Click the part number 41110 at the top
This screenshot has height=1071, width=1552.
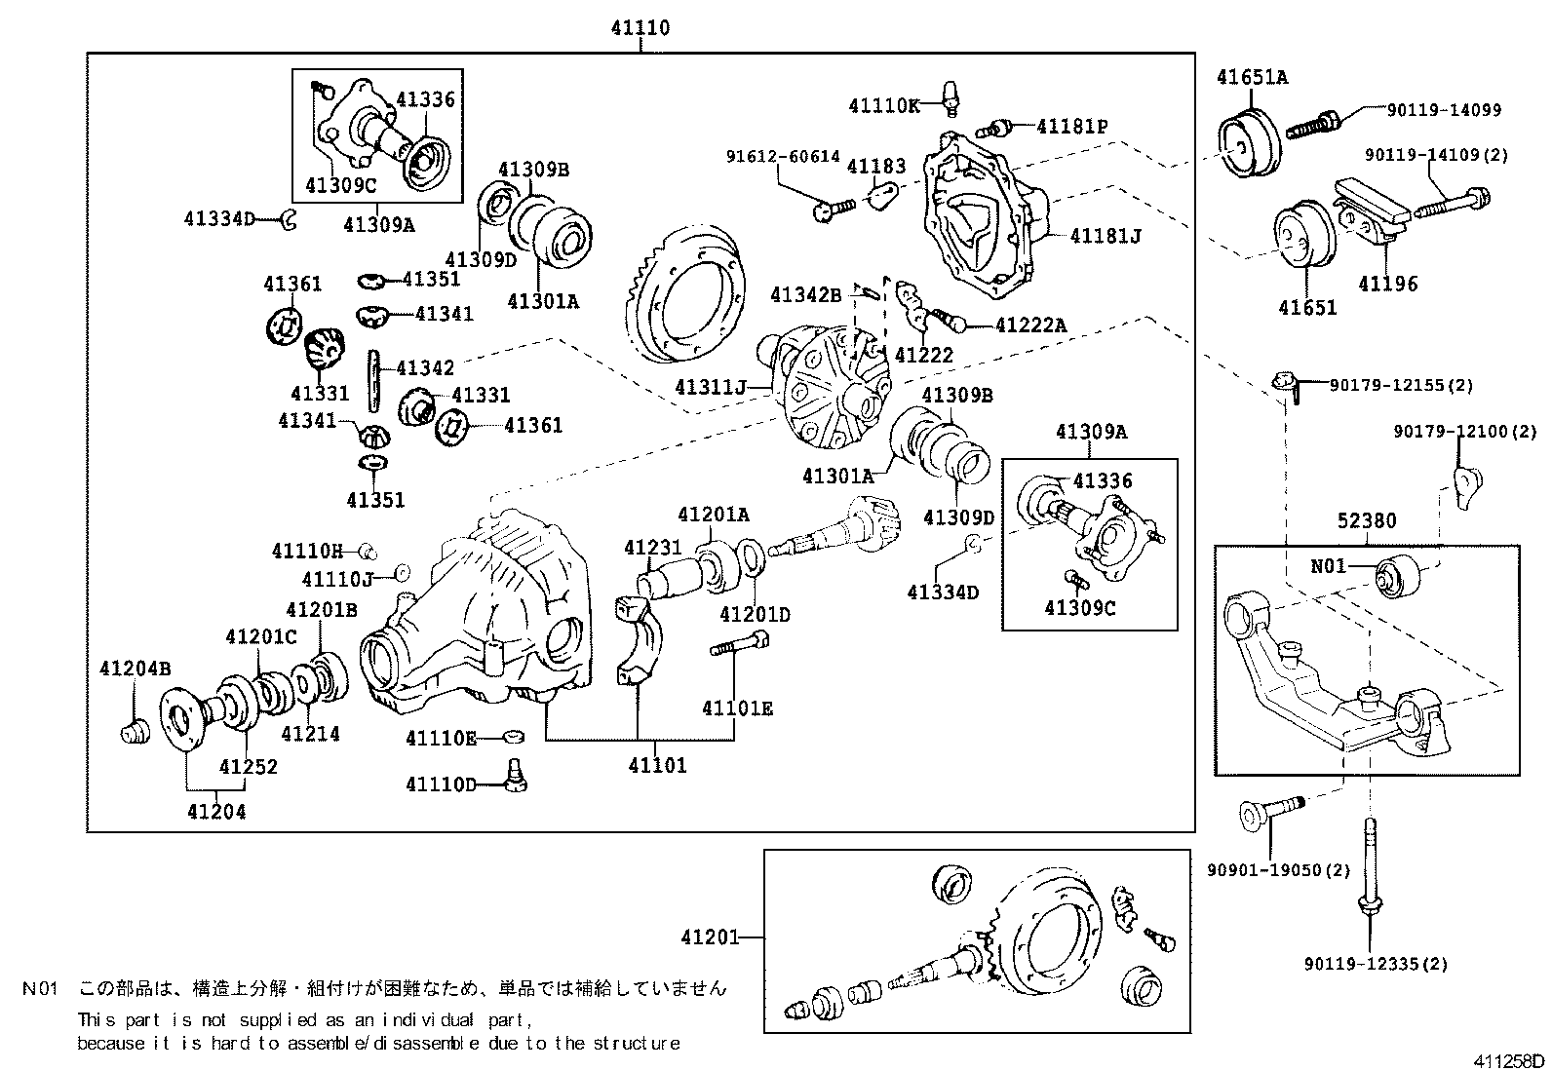(x=640, y=28)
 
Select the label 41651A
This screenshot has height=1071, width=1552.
(x=1252, y=77)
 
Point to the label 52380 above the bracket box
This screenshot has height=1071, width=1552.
(x=1366, y=521)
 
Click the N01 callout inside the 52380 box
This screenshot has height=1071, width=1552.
(x=1328, y=564)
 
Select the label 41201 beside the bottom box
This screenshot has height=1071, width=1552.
(x=710, y=937)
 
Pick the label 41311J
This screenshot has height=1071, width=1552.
(x=710, y=388)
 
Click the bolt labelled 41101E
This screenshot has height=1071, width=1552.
(x=740, y=644)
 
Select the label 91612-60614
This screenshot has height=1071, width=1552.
(x=782, y=156)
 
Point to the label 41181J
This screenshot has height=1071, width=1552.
(x=1105, y=236)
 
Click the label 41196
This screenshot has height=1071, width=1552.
(x=1388, y=284)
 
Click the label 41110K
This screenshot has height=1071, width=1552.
(x=883, y=106)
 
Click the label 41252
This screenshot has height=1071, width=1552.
(x=248, y=766)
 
